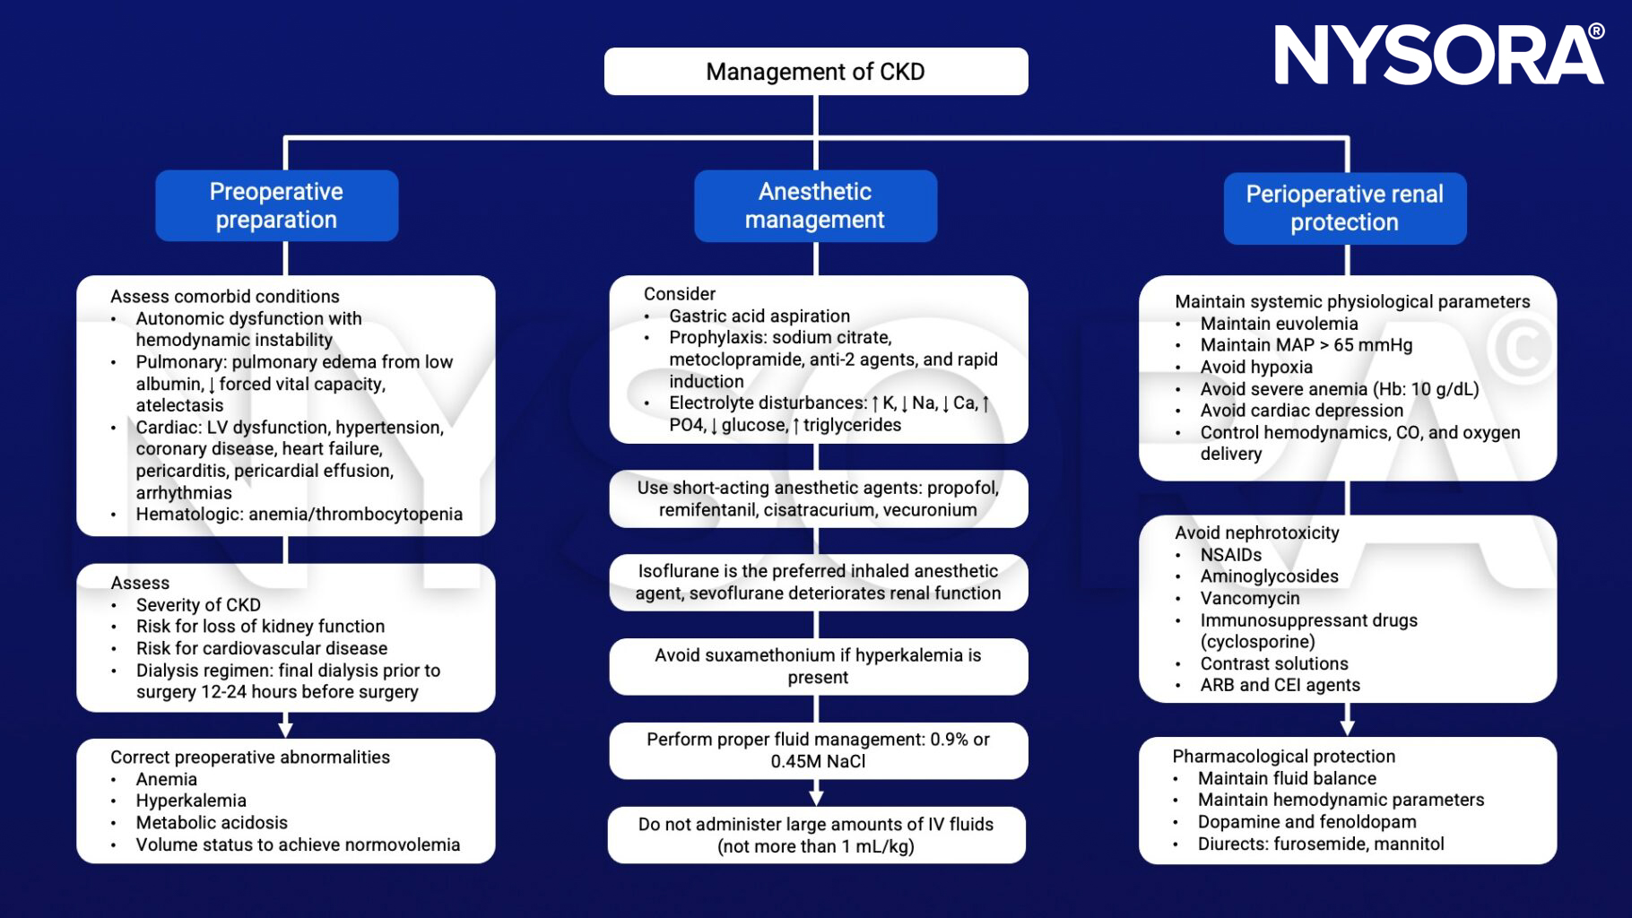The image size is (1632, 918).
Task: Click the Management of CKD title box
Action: click(x=815, y=72)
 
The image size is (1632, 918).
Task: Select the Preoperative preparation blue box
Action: click(x=276, y=205)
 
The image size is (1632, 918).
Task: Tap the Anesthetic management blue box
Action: click(x=815, y=205)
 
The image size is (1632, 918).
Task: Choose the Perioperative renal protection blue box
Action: click(x=1344, y=208)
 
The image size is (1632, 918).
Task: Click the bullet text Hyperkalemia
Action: click(x=191, y=801)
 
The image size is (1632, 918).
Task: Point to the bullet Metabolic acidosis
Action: click(x=212, y=823)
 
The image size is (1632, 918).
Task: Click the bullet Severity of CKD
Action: click(x=198, y=605)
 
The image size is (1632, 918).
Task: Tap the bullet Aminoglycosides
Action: click(x=1269, y=576)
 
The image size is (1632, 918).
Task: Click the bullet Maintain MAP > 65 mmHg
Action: click(x=1306, y=345)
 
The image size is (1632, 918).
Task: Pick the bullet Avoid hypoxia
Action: click(x=1255, y=368)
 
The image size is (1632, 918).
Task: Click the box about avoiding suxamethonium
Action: click(x=818, y=666)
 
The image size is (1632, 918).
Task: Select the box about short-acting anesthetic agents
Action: click(x=818, y=498)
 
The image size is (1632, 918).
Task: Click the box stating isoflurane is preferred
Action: click(x=818, y=582)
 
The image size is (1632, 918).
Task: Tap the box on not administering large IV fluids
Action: click(x=816, y=835)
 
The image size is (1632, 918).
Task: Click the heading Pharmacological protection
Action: click(x=1283, y=757)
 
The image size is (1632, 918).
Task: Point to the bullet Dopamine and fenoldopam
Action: click(x=1306, y=822)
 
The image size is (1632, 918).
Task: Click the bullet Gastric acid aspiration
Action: click(x=759, y=316)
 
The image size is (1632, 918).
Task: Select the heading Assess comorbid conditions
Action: click(x=224, y=297)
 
